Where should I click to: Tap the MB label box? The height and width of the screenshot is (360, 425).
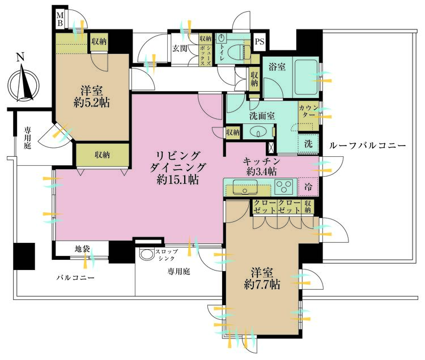[59, 19]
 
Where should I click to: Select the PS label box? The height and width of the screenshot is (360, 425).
[260, 41]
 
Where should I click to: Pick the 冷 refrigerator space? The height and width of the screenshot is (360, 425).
[308, 186]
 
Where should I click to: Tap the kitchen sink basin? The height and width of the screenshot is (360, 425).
[245, 186]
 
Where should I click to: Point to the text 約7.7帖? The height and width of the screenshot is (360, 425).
[261, 283]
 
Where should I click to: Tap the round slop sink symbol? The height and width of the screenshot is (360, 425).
[147, 255]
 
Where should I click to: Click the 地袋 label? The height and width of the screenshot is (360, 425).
[82, 248]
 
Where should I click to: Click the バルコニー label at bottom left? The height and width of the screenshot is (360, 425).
[75, 278]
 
